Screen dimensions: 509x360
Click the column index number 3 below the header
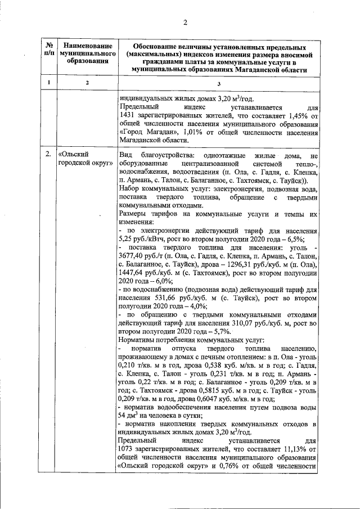coord(219,83)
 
